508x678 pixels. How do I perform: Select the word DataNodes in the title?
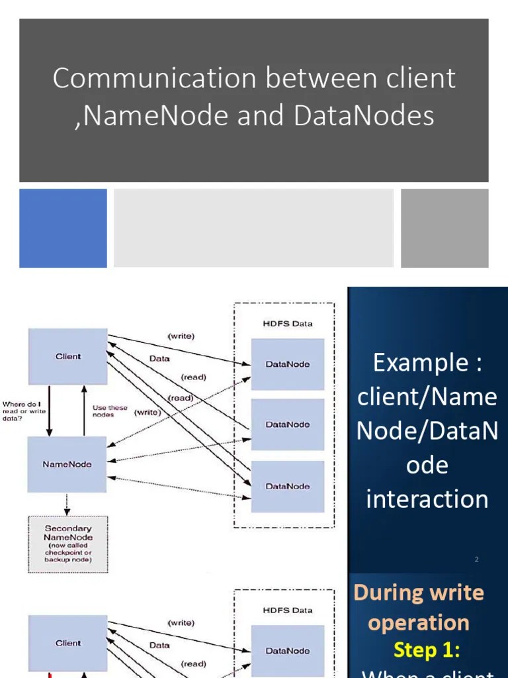pos(364,116)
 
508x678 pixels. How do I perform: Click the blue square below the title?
pos(63,228)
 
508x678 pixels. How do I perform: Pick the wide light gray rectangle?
pos(253,228)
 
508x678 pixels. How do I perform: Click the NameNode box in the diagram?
pos(67,464)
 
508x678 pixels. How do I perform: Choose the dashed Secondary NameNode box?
pos(67,544)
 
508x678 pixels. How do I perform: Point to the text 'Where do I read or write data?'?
pos(24,411)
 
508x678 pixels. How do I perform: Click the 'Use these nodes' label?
pos(110,411)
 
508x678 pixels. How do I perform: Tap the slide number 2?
pos(476,559)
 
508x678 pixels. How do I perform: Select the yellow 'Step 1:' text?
pos(426,650)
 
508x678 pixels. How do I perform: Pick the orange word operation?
pos(419,622)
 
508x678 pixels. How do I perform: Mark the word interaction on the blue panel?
pos(427,499)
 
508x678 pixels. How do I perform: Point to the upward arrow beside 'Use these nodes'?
pos(84,411)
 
